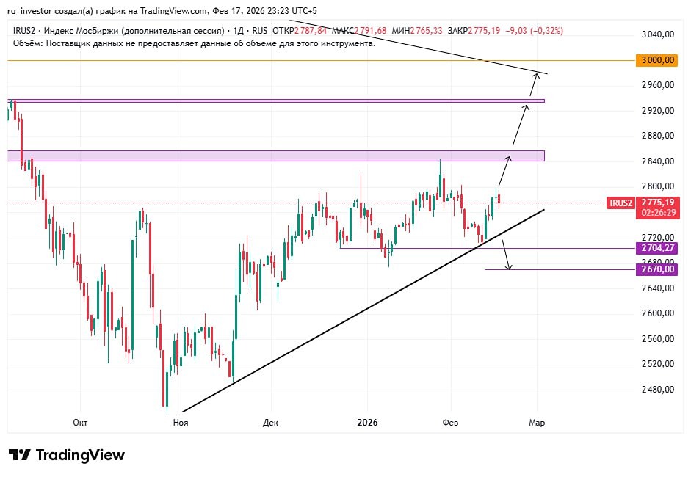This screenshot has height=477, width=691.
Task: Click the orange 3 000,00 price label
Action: coord(657,60)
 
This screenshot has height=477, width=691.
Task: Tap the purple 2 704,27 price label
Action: coord(657,248)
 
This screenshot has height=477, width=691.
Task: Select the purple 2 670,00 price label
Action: coord(657,269)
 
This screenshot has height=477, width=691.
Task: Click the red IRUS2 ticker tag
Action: coord(621,203)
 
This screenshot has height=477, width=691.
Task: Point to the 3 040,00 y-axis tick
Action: coord(657,34)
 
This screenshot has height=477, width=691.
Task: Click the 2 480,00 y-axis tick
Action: coord(657,390)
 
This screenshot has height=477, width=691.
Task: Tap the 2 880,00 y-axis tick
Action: coord(657,136)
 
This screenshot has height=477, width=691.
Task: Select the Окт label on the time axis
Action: coord(81,423)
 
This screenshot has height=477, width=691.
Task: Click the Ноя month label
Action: coord(180,423)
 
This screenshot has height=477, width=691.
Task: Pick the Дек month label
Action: coord(270,423)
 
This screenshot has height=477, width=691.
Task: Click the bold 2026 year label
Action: coord(367,423)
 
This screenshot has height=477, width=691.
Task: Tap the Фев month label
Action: coord(451,423)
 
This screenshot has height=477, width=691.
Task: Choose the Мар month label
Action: coord(537,423)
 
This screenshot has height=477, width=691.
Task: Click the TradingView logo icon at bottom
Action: coord(20,455)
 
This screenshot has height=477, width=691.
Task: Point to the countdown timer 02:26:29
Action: coord(657,212)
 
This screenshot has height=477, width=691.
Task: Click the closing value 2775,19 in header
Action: coord(484,31)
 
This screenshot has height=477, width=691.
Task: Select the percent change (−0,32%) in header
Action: coord(543,31)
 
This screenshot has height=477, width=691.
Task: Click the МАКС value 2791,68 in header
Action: coord(371,31)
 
